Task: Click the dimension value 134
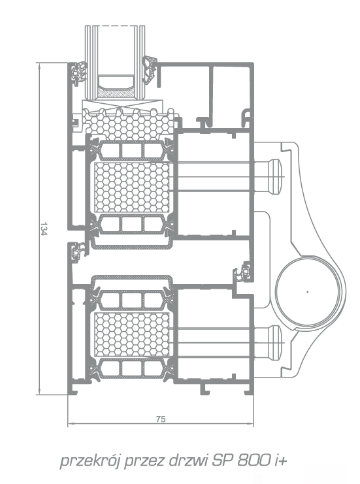(x=44, y=229)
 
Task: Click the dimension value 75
(x=161, y=419)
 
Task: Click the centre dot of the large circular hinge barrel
(x=307, y=291)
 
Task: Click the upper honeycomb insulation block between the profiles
(x=132, y=187)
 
